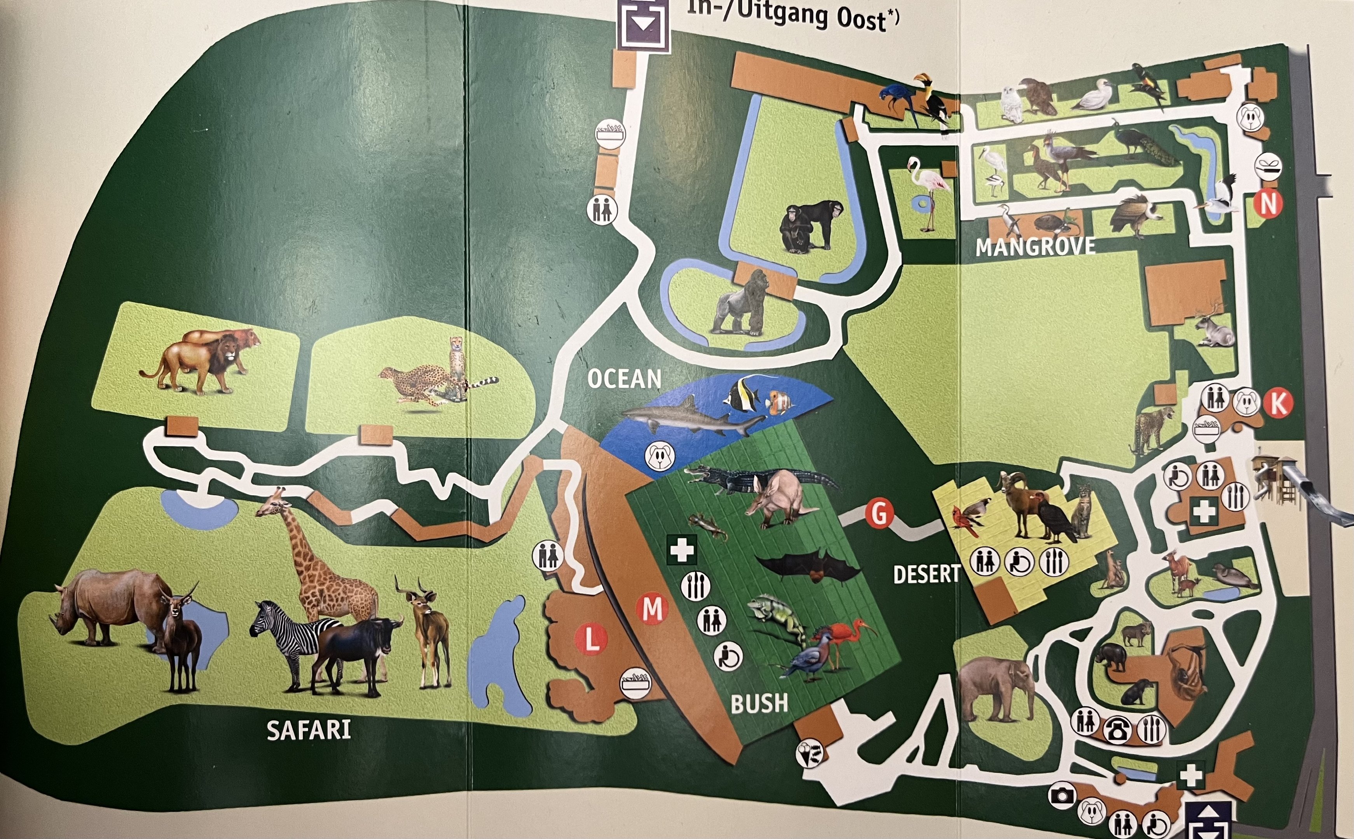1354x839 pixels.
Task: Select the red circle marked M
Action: [x=652, y=609]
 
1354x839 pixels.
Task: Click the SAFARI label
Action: [x=309, y=730]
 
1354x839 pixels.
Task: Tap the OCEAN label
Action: [x=625, y=379]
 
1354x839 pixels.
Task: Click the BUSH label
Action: [x=759, y=703]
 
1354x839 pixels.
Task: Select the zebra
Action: [x=289, y=638]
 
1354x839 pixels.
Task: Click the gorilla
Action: [x=741, y=305]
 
